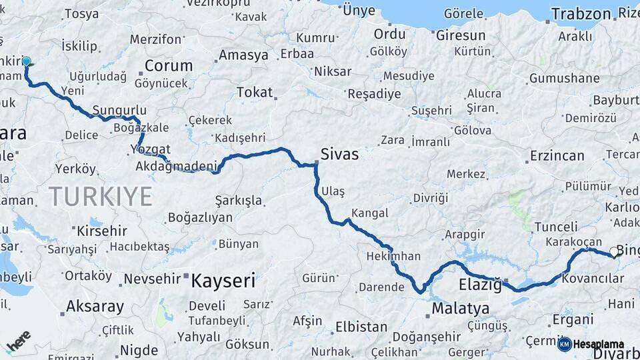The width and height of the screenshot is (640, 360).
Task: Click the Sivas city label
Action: [339, 155]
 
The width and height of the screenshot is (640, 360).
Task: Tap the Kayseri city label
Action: [223, 281]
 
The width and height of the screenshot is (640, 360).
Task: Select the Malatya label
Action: [460, 309]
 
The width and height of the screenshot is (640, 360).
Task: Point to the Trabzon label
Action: [581, 13]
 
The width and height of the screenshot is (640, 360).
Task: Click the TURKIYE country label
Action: [101, 197]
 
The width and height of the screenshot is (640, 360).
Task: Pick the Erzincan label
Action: [557, 156]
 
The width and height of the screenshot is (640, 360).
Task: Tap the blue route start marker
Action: [27, 61]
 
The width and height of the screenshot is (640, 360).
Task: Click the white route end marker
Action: [614, 251]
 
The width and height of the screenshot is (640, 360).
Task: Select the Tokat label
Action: [254, 92]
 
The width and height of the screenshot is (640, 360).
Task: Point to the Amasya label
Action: [243, 55]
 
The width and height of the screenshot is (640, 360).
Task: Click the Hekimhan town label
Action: [393, 256]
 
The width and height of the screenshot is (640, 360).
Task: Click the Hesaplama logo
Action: [591, 344]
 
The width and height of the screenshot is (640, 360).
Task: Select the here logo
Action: [19, 341]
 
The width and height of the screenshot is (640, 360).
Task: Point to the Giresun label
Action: [460, 35]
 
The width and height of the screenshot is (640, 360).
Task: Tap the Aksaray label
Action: [95, 307]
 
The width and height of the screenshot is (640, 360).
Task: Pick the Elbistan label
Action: [361, 327]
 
